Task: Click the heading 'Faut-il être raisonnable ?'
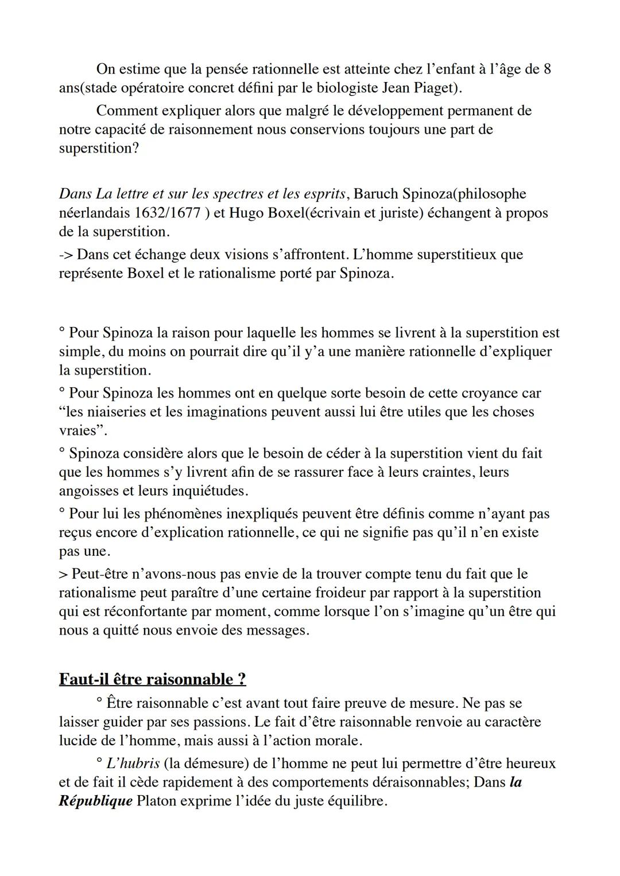[x=152, y=679]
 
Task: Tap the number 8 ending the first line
[x=547, y=69]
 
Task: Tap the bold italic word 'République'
[x=95, y=801]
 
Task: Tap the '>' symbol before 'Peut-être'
[x=63, y=574]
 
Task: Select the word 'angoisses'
[x=87, y=491]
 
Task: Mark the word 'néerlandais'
[x=94, y=213]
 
